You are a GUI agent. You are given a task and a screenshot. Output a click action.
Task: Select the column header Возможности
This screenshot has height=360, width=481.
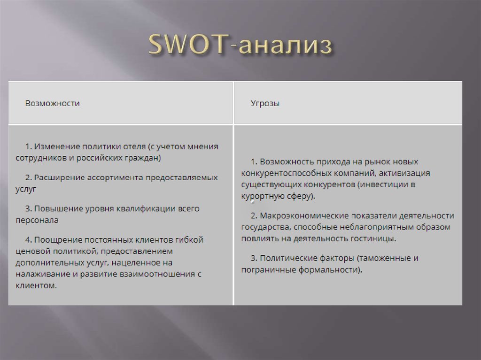coord(52,103)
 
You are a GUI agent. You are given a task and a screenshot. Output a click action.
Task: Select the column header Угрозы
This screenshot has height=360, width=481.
coord(265,103)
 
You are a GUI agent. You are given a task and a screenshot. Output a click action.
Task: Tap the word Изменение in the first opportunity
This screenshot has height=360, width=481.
coord(54,146)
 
